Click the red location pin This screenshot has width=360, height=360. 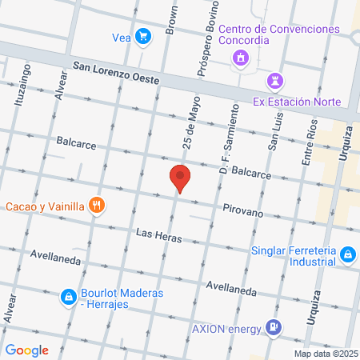pyautogui.click(x=180, y=178)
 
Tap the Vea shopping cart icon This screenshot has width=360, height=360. pyautogui.click(x=142, y=36)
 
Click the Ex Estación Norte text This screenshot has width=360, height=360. pyautogui.click(x=297, y=102)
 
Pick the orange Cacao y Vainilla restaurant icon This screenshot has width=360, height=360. pyautogui.click(x=98, y=206)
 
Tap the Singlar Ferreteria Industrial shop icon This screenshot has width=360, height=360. pyautogui.click(x=347, y=254)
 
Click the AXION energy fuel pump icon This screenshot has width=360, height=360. pyautogui.click(x=274, y=326)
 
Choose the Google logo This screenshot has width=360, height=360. pyautogui.click(x=27, y=350)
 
